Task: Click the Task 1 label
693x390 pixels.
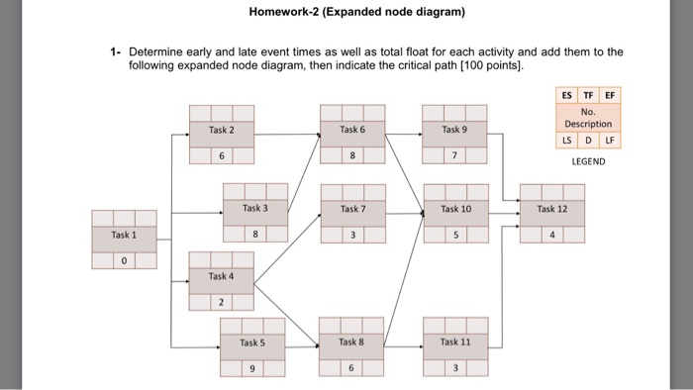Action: coord(124,236)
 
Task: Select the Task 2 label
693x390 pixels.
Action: coord(222,130)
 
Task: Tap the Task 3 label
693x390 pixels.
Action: coord(255,209)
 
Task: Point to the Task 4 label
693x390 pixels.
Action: coord(222,276)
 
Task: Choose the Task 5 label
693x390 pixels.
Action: coord(252,342)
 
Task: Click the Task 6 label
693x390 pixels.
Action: coord(352,130)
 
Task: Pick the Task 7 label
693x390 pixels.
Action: coord(352,209)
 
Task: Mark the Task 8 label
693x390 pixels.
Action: coord(351,341)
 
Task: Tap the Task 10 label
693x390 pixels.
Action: coord(455,209)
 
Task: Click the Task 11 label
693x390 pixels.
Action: coord(455,341)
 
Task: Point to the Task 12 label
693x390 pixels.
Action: coord(552,209)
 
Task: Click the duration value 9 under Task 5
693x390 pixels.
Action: coord(252,369)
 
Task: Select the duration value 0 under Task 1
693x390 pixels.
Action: coord(124,261)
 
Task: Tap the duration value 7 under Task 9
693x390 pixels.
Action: coord(455,156)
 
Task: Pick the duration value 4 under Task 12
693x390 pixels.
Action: coord(552,236)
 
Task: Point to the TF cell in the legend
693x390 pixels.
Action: coord(588,96)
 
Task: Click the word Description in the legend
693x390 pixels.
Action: coord(588,124)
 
